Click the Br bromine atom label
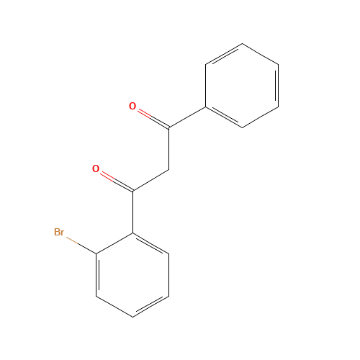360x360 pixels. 59,232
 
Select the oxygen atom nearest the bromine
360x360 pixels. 96,170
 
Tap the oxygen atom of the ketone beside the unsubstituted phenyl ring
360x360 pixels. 132,107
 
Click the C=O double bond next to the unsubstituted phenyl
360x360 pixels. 150,118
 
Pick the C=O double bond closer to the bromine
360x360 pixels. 114,181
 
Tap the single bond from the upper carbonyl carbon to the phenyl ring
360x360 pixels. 187,118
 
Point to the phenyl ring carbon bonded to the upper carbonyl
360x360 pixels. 206,107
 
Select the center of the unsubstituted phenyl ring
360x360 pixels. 242,86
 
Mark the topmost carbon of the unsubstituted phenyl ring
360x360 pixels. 242,44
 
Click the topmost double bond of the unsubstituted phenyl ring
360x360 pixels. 224,54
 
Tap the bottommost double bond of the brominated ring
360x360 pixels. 151,306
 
